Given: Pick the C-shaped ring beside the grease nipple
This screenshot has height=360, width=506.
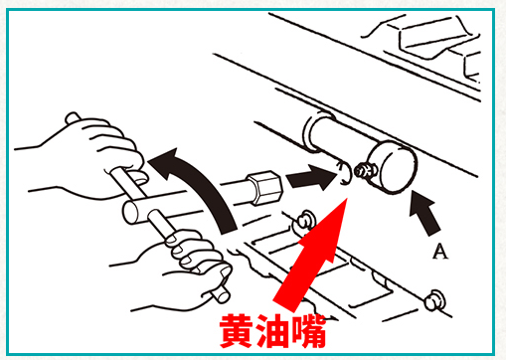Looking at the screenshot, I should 342,175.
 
